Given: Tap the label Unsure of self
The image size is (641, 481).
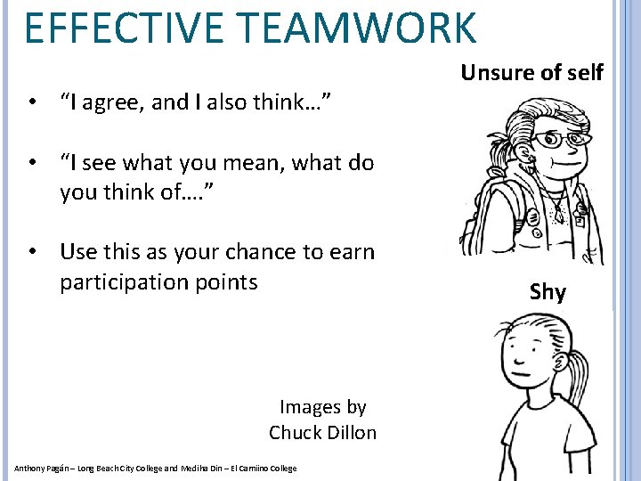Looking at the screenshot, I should (531, 72).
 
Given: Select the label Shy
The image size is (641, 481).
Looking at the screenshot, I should (548, 291).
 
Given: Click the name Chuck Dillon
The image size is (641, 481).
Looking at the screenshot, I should (322, 433).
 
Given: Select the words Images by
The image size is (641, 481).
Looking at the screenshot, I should (322, 407).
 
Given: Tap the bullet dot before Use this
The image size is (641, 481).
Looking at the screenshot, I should (32, 252).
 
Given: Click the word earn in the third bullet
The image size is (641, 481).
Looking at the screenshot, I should (353, 252).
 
